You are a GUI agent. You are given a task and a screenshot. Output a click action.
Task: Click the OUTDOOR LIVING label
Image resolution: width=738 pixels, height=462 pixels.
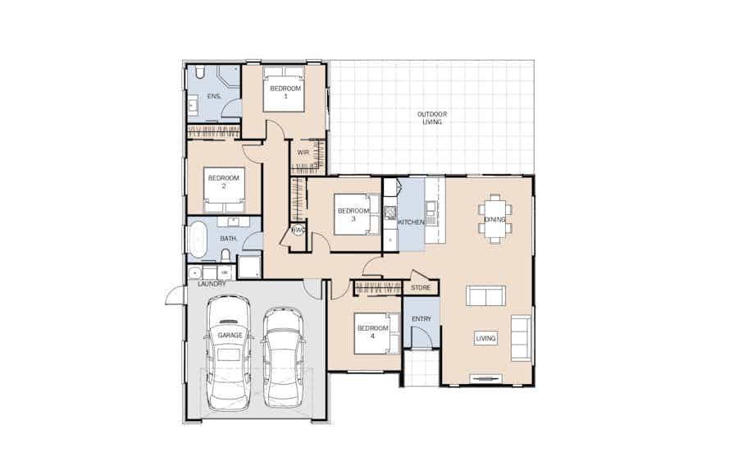click(432, 118)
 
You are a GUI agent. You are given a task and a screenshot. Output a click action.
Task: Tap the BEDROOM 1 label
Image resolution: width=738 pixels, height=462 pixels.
click(285, 92)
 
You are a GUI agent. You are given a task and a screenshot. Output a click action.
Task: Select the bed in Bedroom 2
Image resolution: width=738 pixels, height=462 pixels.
click(225, 190)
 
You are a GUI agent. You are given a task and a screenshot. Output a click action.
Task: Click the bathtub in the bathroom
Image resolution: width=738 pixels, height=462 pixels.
click(197, 240)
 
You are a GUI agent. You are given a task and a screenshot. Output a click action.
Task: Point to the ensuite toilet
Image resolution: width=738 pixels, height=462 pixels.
click(199, 72)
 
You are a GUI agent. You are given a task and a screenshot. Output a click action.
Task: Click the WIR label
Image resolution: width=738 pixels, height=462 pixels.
click(303, 153)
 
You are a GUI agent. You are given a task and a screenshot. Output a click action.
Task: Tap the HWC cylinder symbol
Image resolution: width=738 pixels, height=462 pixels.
click(298, 231)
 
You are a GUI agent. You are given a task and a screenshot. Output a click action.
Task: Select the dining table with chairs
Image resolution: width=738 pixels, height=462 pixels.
click(495, 219)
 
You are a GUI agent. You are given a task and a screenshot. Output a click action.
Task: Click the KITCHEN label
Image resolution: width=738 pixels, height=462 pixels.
click(411, 222)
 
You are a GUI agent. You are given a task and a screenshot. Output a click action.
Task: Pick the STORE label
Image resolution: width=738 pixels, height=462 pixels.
click(421, 288)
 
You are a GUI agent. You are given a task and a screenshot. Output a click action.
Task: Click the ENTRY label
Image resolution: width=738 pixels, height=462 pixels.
click(421, 319)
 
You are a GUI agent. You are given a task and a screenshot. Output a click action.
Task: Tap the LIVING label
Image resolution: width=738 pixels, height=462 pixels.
click(485, 338)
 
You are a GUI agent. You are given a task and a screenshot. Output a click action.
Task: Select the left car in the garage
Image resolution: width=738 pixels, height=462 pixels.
click(230, 353)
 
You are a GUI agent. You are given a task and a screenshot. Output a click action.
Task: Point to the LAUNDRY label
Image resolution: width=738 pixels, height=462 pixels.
click(212, 284)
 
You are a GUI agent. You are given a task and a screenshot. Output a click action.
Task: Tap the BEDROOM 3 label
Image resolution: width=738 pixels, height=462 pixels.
click(353, 215)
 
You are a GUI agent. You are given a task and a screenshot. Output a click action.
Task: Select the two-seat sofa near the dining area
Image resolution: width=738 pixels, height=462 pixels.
click(485, 295)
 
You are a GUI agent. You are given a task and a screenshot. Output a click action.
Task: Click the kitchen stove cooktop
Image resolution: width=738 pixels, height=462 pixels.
click(390, 213)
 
